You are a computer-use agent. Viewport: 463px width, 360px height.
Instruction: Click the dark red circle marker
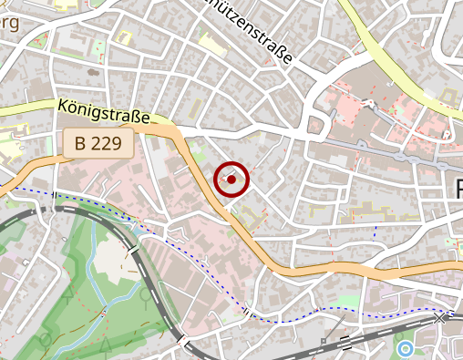click(x=231, y=180)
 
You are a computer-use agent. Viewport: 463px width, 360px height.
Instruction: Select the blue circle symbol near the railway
click(x=406, y=348)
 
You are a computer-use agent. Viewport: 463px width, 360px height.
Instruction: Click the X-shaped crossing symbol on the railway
click(x=442, y=318)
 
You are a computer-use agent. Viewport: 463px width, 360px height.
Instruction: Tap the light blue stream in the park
click(x=92, y=264)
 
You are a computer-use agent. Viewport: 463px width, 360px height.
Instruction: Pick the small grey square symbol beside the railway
click(x=324, y=342)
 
